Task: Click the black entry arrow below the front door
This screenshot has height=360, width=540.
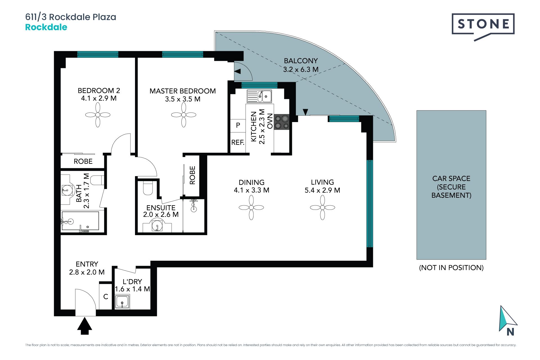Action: pos(85,326)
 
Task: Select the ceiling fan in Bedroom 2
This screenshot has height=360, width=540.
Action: pos(98,115)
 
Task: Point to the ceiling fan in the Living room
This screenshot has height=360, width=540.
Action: pos(322,208)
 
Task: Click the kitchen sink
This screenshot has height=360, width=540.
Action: pos(259,96)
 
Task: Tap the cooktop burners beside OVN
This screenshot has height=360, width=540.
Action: pos(282,122)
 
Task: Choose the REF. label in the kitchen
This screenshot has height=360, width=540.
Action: pos(238,143)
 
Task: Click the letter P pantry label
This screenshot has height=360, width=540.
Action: pos(238,125)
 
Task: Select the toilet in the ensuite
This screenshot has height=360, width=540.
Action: pos(148,188)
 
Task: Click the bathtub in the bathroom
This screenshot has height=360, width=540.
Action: pos(80,221)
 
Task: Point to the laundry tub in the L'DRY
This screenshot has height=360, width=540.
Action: pos(122,302)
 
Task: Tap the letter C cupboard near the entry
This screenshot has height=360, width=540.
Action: pos(106,296)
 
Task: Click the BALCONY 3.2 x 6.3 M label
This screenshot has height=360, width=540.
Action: pos(301,65)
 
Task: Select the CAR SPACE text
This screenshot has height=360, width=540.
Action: pos(451,179)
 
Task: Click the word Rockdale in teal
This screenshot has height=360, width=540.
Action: pos(46,27)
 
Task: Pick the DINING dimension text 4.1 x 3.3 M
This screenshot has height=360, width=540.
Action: pos(251,190)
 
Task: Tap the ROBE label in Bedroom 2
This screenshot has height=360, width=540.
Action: pos(83,161)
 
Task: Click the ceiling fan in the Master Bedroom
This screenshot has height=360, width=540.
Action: pos(183,115)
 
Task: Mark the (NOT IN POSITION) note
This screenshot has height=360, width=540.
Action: pos(451,268)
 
